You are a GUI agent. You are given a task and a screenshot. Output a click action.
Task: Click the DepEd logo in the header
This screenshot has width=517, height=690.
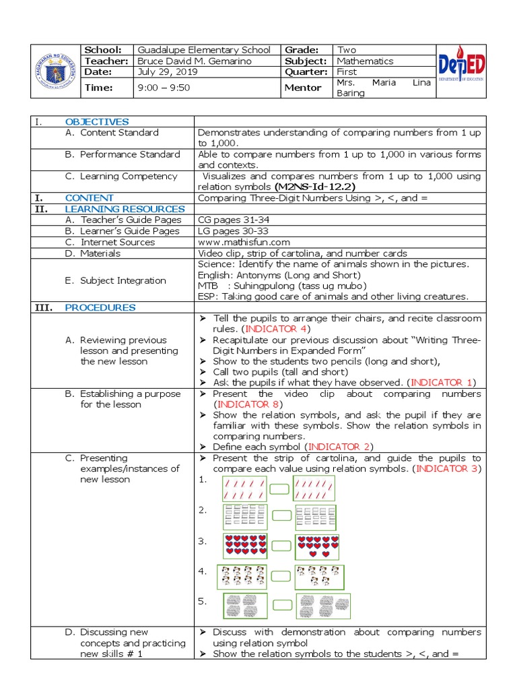tap(462, 70)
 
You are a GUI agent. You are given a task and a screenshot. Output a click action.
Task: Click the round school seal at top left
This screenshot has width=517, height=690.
tap(53, 70)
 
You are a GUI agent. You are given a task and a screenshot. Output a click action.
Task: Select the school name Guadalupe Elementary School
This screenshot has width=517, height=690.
tap(204, 50)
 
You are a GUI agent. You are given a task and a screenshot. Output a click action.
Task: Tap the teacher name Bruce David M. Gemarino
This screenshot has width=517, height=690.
tap(195, 61)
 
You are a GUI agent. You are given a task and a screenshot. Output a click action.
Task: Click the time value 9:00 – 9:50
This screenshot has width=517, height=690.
tap(164, 88)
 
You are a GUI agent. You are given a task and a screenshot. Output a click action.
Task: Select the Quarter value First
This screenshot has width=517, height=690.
tap(347, 71)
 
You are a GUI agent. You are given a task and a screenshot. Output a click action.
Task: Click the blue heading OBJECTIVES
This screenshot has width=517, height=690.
tap(97, 122)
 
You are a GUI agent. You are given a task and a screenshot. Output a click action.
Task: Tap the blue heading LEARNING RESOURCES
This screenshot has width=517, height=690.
tap(125, 209)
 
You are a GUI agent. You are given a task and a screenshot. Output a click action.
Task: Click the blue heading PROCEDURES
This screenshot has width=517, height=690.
tap(100, 307)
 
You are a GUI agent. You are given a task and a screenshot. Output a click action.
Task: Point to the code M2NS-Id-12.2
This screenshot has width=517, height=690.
tap(315, 187)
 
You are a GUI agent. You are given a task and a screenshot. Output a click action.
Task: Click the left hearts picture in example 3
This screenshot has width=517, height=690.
tap(244, 545)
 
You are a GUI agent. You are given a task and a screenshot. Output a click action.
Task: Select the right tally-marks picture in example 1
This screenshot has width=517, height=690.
tap(314, 489)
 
